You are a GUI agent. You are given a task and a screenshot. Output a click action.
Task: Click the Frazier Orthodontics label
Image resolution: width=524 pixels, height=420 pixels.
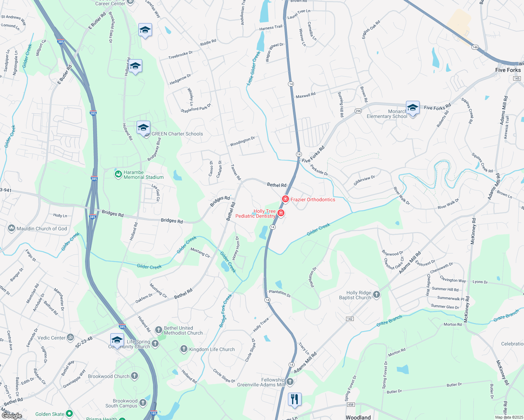click(x=313, y=199)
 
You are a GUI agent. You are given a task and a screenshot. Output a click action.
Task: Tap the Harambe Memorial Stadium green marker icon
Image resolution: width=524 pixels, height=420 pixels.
click(x=118, y=174)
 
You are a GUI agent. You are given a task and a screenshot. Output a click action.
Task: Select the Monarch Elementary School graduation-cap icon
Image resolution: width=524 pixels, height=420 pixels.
click(x=413, y=108)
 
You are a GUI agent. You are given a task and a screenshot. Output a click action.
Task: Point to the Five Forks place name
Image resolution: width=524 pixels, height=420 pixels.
click(x=508, y=70)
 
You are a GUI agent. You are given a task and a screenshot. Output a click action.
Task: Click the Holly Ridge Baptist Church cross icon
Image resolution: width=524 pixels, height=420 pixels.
click(x=377, y=295)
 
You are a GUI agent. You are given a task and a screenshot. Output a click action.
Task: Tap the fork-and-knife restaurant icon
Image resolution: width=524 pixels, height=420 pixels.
click(x=295, y=399)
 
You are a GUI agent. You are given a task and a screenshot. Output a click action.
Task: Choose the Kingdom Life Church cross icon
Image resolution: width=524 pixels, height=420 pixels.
click(x=184, y=349)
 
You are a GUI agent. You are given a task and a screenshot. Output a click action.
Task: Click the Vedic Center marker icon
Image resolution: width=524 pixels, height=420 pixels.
click(x=70, y=337)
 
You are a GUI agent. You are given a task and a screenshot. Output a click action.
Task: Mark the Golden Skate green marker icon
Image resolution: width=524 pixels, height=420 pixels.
click(x=69, y=414)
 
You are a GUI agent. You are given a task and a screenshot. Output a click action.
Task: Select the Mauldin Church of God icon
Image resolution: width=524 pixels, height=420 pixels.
click(x=12, y=229)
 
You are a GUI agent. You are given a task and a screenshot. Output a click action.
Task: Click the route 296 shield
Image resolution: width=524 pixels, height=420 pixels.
click(x=358, y=111)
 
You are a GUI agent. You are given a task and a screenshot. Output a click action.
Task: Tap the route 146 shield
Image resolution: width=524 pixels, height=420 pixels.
click(x=475, y=47)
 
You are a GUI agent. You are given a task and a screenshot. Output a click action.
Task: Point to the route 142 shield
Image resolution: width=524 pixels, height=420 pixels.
click(x=350, y=319)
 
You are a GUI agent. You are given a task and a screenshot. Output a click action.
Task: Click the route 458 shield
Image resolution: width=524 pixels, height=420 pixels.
click(x=351, y=405)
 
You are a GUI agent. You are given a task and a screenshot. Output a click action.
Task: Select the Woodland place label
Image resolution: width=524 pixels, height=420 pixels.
click(x=358, y=417)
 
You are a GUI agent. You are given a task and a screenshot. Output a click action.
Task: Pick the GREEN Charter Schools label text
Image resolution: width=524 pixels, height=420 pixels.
click(x=177, y=134)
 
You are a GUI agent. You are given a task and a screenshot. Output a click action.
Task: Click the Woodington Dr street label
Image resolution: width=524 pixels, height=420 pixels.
click(x=242, y=142)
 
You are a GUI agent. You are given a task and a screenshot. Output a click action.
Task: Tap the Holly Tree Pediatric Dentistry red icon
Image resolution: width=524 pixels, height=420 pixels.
click(x=281, y=213)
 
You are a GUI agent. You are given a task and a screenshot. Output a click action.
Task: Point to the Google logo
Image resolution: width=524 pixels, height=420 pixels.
click(x=12, y=415)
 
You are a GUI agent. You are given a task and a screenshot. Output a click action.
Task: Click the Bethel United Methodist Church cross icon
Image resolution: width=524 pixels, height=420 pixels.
click(x=158, y=330)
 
